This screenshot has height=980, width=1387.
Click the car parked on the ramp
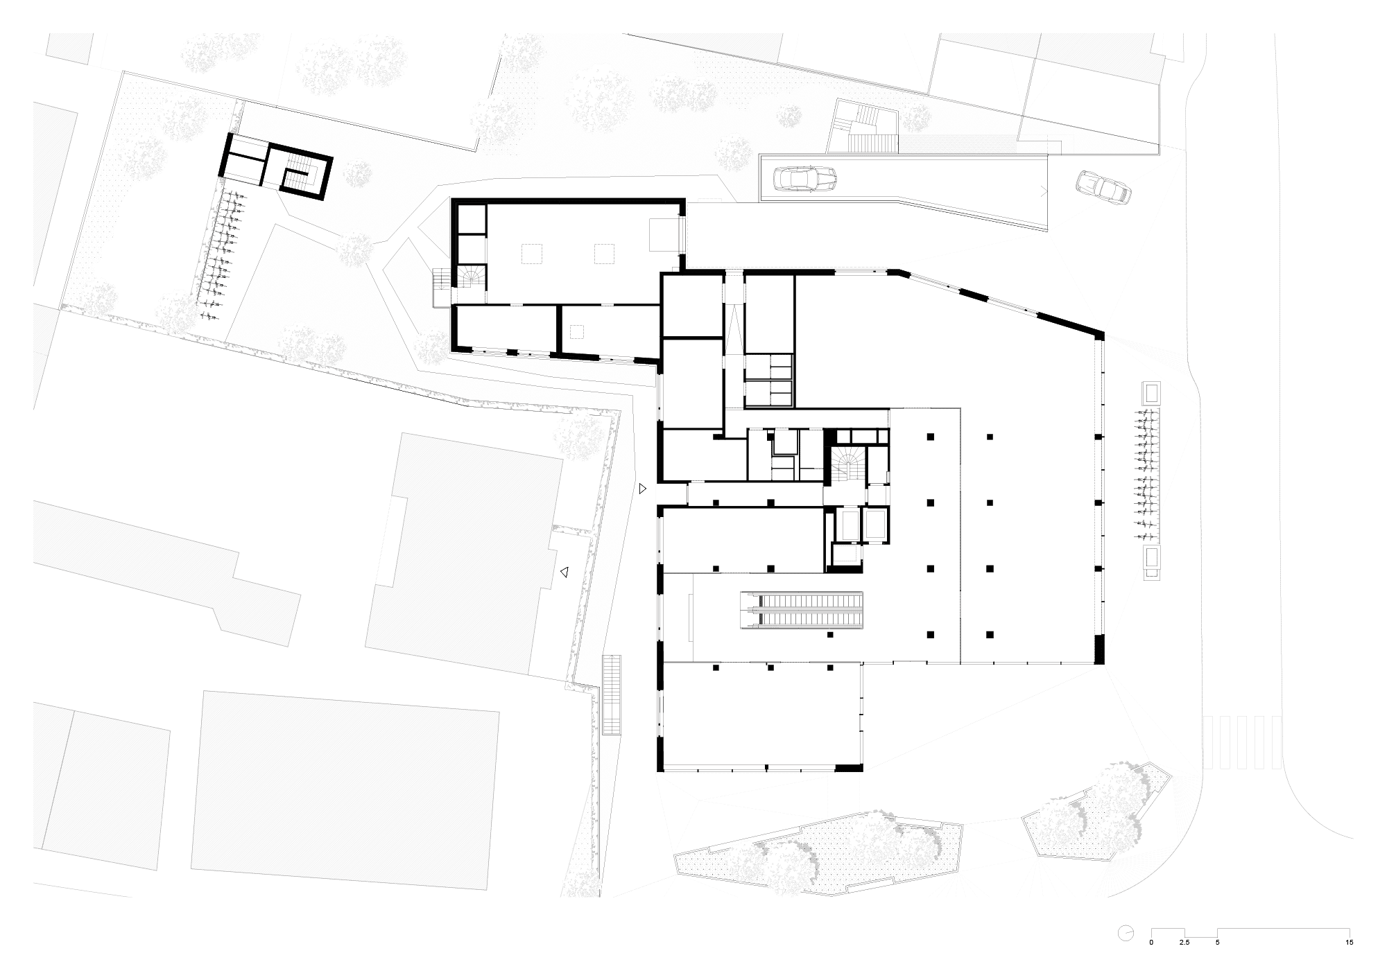click(x=804, y=180)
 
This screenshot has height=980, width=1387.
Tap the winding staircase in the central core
click(x=846, y=464)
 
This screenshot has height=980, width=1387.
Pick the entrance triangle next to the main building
click(x=643, y=489)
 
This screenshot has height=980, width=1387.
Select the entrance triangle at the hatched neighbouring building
click(x=565, y=572)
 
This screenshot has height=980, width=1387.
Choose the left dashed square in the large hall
click(x=531, y=254)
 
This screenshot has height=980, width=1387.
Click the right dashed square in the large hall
click(x=604, y=254)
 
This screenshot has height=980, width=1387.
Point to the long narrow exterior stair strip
click(x=612, y=695)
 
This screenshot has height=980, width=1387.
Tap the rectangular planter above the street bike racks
click(x=1151, y=393)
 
